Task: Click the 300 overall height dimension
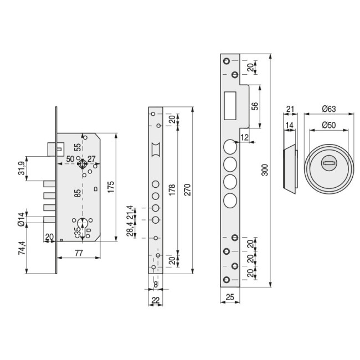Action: point(265,171)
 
